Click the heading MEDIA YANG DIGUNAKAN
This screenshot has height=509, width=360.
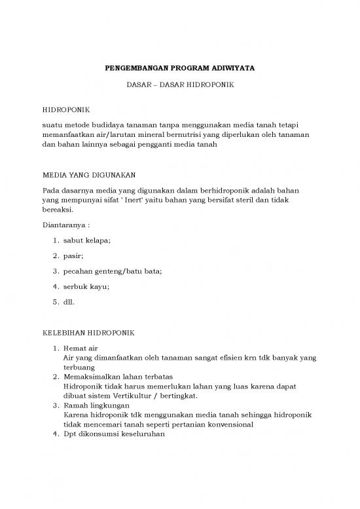click(x=88, y=175)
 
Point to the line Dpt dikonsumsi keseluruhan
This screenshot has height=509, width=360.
click(x=112, y=433)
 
